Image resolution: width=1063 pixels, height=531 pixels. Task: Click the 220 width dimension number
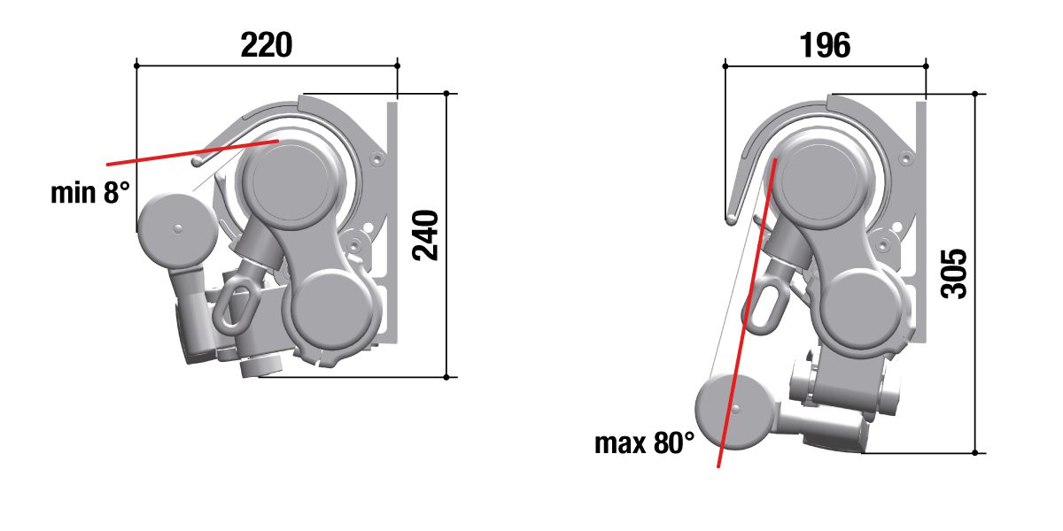click(x=267, y=45)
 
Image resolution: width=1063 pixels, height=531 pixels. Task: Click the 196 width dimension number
click(x=825, y=45)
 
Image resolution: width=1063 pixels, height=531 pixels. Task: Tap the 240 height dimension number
click(x=425, y=235)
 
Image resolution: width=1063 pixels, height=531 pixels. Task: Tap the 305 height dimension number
click(x=954, y=273)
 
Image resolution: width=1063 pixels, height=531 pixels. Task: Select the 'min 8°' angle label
click(x=90, y=193)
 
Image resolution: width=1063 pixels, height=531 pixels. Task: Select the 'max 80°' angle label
click(x=644, y=442)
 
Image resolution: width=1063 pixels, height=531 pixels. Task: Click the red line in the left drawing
click(x=193, y=152)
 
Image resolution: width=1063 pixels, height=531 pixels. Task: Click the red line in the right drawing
click(x=747, y=313)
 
